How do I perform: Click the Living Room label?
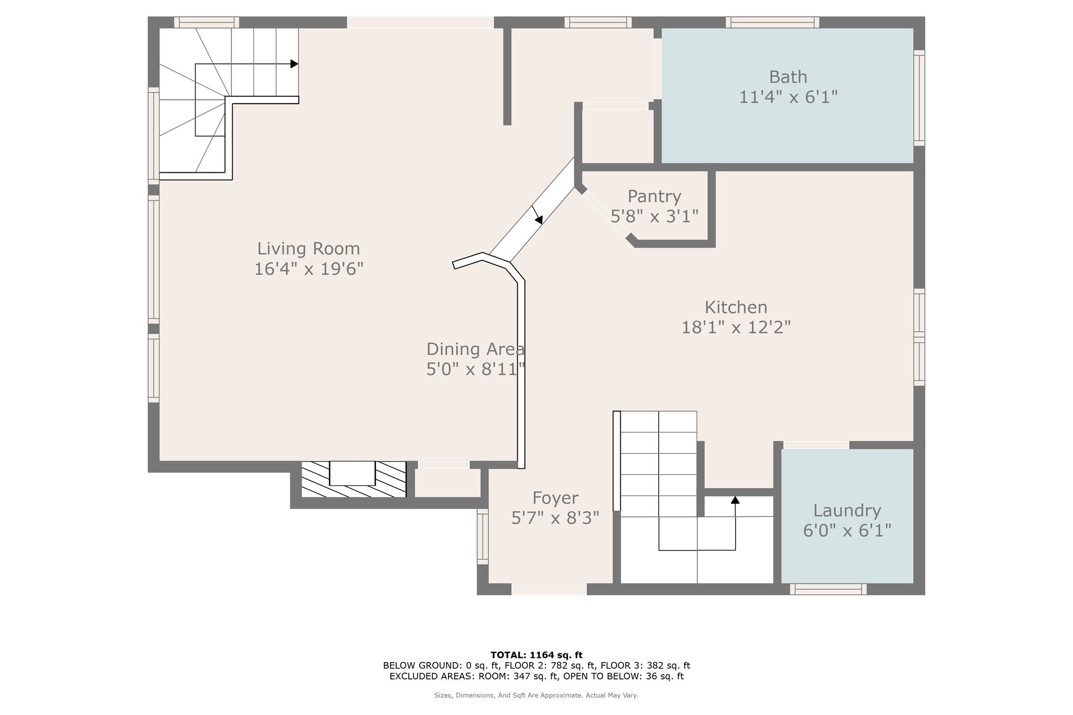click(309, 248)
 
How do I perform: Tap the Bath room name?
click(788, 77)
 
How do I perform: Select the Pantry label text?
click(654, 196)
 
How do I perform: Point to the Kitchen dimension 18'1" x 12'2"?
click(736, 327)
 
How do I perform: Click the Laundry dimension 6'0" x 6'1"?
click(847, 531)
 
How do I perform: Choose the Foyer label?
click(555, 498)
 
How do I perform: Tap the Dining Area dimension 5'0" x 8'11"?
click(476, 369)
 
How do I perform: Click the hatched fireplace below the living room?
click(354, 479)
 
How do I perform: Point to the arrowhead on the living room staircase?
click(294, 64)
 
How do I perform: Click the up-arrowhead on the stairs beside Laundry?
click(735, 500)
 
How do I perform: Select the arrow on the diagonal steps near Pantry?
click(537, 215)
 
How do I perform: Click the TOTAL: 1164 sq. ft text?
click(536, 655)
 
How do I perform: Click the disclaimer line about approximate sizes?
click(536, 696)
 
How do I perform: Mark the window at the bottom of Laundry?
click(828, 589)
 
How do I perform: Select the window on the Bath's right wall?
click(919, 98)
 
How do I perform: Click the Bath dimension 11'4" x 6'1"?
click(788, 97)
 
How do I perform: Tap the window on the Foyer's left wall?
click(483, 536)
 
